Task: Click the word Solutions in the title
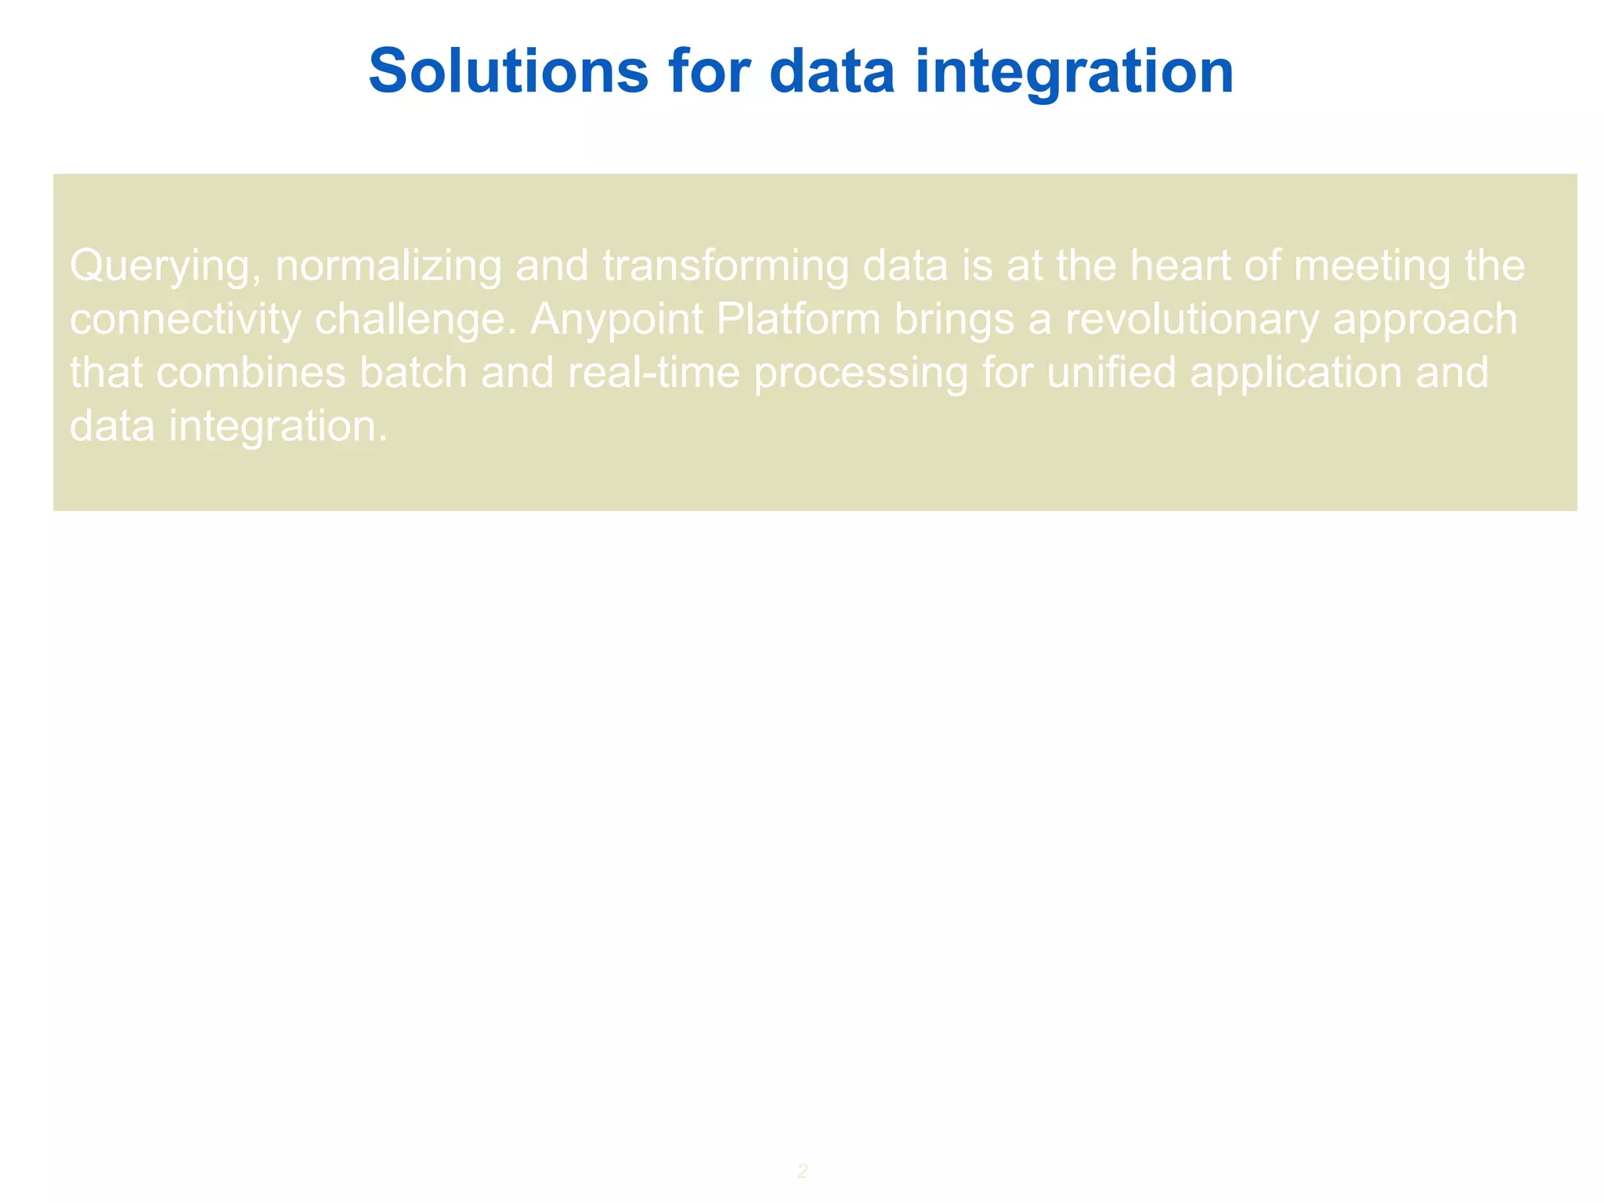coord(508,71)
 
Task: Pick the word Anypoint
coord(616,320)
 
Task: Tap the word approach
coord(1425,320)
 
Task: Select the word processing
coord(861,374)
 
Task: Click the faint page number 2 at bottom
coord(803,1171)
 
